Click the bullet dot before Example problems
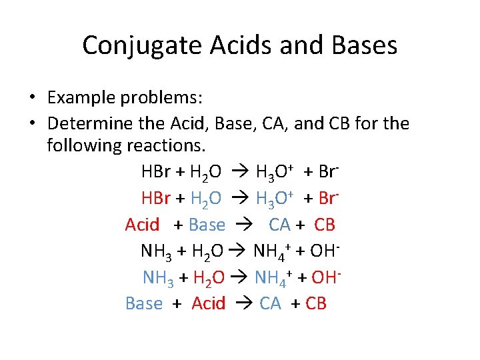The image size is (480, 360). point(32,98)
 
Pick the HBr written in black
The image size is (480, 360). point(155,171)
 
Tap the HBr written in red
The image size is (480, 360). point(155,198)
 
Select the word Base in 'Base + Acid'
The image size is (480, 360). point(143,303)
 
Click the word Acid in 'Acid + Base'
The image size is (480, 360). point(142,225)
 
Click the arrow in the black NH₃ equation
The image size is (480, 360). point(239,251)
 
